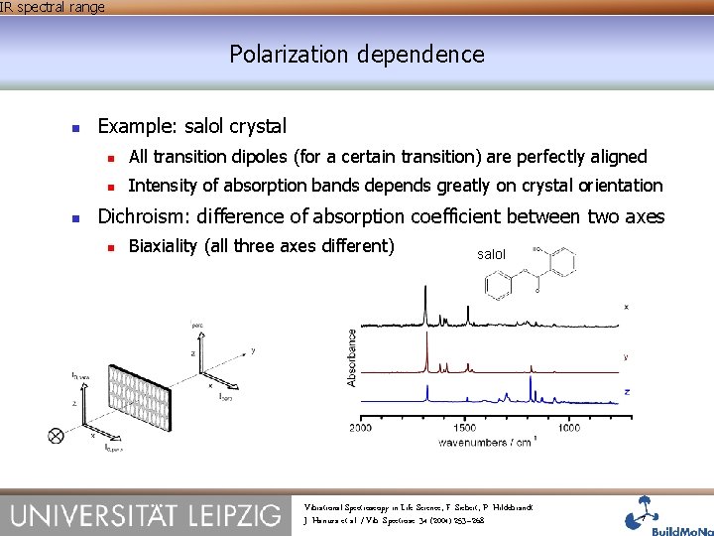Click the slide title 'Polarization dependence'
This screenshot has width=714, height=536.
tap(357, 54)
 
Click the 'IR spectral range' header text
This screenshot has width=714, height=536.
tap(52, 7)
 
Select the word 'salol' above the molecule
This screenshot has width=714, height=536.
tap(491, 255)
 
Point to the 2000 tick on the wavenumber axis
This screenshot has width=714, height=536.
tap(360, 428)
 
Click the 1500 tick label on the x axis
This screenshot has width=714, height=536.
tap(465, 428)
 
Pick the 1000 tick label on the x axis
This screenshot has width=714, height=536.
tap(569, 428)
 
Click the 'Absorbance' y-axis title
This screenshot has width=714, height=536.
tap(351, 357)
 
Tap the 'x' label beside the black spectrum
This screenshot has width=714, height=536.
tap(626, 307)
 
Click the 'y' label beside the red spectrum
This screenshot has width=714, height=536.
tap(626, 354)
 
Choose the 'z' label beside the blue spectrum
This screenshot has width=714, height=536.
tap(626, 392)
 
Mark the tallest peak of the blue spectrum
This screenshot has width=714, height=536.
tap(531, 381)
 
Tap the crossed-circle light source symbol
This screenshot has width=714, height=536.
tap(56, 435)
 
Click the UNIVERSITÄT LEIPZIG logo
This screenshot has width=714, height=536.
tap(146, 514)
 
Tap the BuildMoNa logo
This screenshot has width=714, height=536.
tap(663, 514)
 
